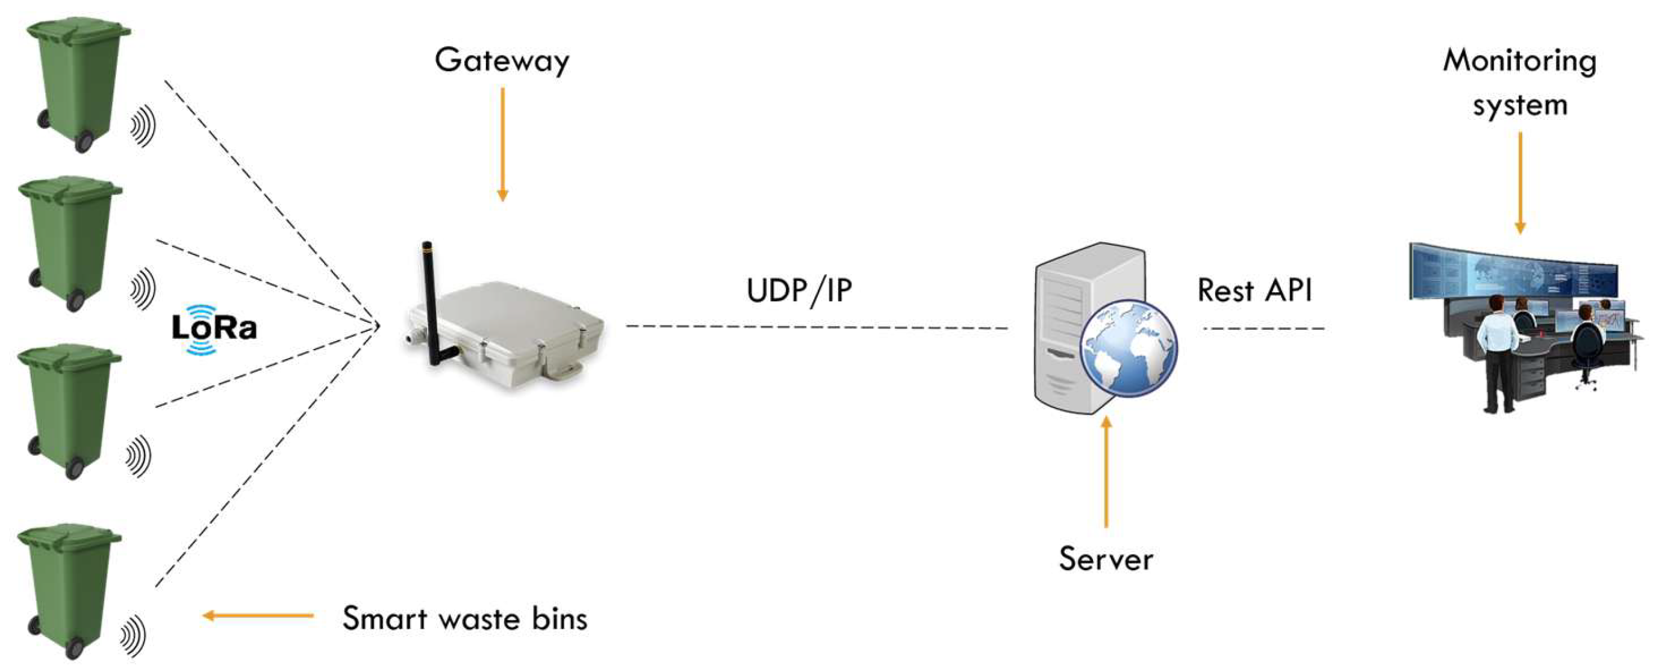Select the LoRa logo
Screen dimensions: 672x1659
click(x=214, y=328)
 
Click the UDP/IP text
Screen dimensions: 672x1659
click(x=798, y=290)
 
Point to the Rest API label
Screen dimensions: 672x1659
click(x=1254, y=290)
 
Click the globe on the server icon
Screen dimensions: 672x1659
click(x=1128, y=347)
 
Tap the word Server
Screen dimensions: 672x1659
click(x=1106, y=559)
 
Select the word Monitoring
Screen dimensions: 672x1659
click(x=1519, y=61)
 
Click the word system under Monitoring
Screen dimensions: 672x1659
click(x=1519, y=105)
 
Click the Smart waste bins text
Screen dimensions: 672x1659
click(x=464, y=618)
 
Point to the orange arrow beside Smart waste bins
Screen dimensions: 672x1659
click(x=258, y=615)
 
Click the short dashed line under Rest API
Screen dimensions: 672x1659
click(x=1263, y=328)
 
